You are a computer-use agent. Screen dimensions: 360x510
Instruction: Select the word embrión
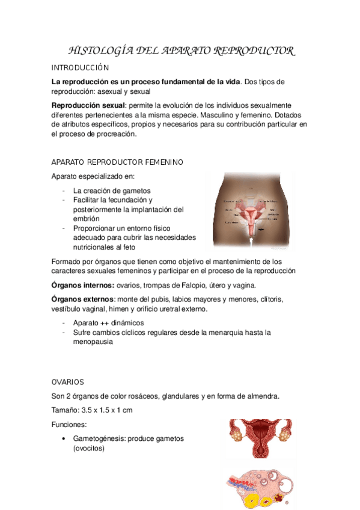coord(87,219)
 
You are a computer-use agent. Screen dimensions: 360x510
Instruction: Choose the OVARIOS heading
coord(68,382)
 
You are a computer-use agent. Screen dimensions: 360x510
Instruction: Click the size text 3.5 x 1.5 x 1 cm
coord(106,410)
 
